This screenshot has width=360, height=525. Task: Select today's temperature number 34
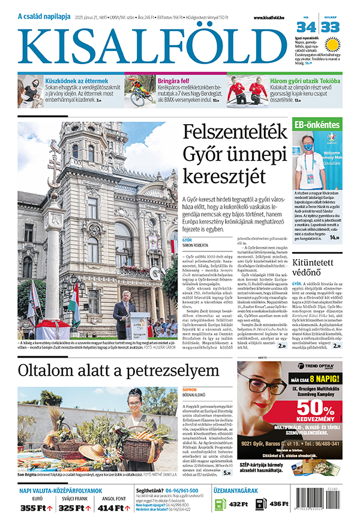pyautogui.click(x=307, y=27)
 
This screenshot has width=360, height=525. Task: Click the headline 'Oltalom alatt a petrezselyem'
pyautogui.click(x=119, y=370)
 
